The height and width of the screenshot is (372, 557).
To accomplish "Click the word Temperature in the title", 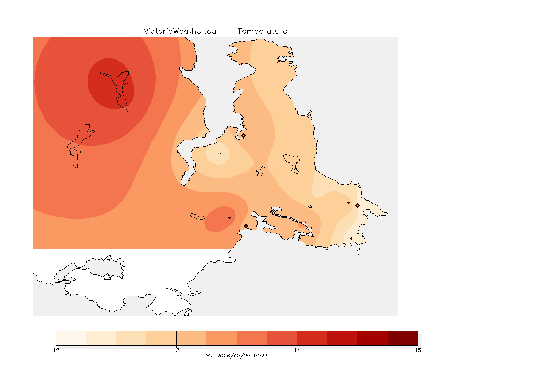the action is tap(262, 31).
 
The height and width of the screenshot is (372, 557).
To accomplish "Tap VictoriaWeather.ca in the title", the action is tap(180, 31).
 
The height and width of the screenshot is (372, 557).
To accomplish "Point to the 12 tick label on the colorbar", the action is tap(56, 350).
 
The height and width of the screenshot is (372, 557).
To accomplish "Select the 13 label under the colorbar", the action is tap(176, 350).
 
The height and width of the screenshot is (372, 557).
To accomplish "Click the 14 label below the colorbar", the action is tap(297, 350).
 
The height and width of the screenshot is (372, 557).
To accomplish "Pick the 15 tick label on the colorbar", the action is tap(418, 350).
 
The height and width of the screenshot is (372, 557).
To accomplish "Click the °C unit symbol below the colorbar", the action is tap(209, 356).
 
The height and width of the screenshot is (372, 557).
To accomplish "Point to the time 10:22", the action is tap(260, 356).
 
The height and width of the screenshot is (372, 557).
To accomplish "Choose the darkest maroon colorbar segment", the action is tap(403, 338).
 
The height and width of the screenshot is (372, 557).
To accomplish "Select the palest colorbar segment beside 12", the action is tap(71, 338).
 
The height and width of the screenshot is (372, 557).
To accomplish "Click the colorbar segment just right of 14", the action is tap(312, 338).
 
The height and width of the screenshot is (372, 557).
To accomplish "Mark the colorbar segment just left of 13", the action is tap(161, 338).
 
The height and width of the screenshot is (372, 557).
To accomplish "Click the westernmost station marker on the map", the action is tap(112, 71).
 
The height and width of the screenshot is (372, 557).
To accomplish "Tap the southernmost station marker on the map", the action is tap(352, 238).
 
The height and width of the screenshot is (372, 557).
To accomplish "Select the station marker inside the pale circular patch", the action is tap(219, 154).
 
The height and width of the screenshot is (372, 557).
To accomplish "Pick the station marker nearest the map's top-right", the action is tap(278, 61).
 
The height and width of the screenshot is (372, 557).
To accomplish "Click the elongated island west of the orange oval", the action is tap(198, 217).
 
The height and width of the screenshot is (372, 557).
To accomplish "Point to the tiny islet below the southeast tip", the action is tap(358, 251).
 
